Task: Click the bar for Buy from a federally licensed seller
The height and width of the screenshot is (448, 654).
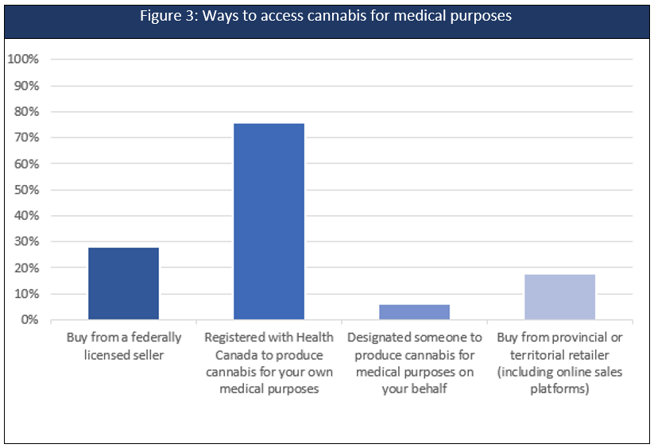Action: [x=123, y=284]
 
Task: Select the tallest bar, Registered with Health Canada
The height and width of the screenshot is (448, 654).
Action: [x=269, y=222]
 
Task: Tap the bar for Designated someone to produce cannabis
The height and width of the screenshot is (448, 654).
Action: [x=414, y=312]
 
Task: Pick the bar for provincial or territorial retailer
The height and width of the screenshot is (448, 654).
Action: [x=559, y=297]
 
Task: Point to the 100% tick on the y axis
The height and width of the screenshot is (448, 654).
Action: [x=23, y=60]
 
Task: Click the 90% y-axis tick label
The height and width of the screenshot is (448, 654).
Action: [x=25, y=86]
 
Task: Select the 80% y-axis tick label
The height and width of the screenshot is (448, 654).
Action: [x=25, y=112]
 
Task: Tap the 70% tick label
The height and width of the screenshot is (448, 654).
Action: [x=25, y=138]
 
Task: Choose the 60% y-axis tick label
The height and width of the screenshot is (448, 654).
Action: [x=25, y=164]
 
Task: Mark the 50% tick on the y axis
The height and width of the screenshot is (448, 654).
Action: [x=25, y=190]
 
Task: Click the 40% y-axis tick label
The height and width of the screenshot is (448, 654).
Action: [x=25, y=216]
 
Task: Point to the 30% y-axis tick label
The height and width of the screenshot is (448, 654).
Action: [x=25, y=241]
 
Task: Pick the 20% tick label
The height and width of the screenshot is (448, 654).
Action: [x=25, y=268]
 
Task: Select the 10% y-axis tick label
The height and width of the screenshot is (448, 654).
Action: [x=25, y=294]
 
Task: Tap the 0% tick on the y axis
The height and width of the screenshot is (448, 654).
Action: [x=29, y=320]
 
